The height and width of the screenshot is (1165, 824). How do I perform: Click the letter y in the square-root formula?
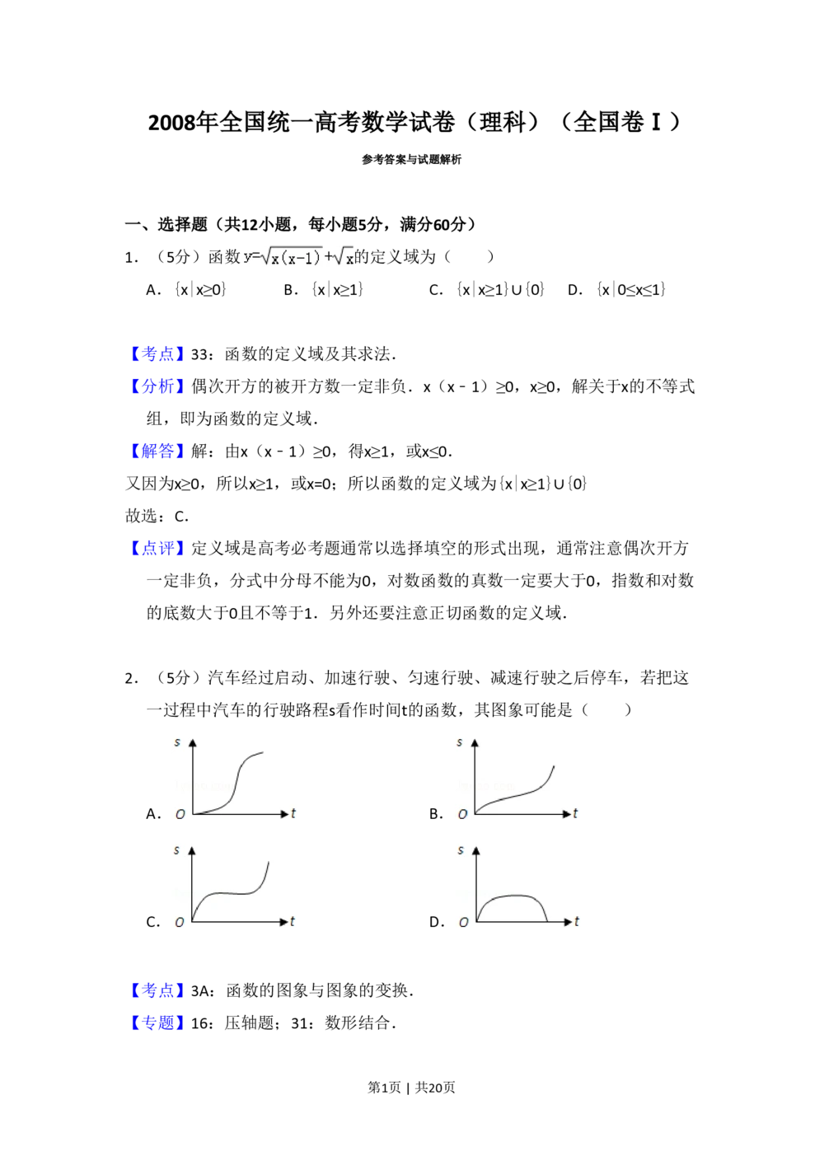246,257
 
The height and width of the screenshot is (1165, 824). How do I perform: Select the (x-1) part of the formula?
297,259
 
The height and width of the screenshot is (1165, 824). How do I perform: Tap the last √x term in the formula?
346,258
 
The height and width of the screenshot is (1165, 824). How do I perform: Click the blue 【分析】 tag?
157,386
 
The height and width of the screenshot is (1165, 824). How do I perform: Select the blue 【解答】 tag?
157,451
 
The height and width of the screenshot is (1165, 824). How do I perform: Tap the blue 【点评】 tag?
157,549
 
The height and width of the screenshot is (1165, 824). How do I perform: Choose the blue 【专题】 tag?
157,1023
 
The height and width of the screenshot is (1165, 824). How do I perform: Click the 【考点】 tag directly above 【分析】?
157,353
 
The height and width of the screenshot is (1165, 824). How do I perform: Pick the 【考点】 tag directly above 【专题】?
157,991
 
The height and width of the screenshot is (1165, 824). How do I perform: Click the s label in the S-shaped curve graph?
177,742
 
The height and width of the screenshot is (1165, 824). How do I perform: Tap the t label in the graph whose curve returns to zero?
577,921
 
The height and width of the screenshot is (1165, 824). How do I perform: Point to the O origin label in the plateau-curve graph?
179,923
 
